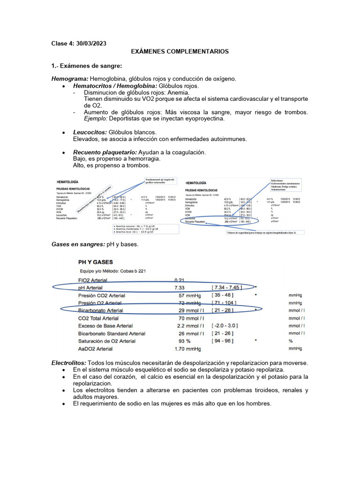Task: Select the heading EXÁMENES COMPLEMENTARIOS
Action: [180, 52]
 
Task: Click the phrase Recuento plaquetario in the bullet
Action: [105, 153]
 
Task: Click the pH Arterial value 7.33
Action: [181, 287]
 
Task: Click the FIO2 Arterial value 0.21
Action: [181, 280]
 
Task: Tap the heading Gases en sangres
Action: [78, 245]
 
